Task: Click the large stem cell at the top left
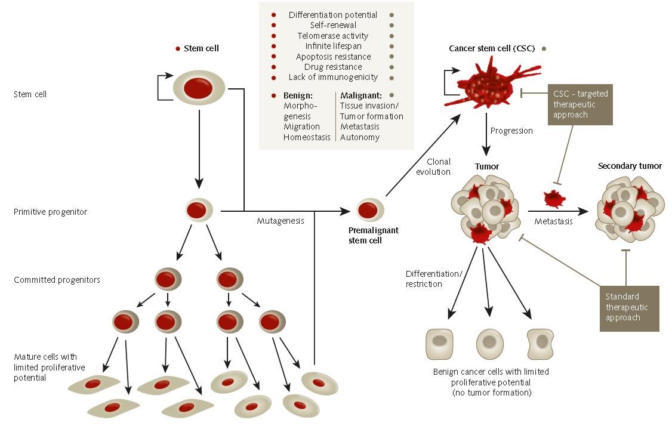pyautogui.click(x=199, y=88)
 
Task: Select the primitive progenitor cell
pyautogui.click(x=199, y=211)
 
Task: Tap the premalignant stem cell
pyautogui.click(x=370, y=211)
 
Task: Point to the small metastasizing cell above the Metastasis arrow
pyautogui.click(x=554, y=199)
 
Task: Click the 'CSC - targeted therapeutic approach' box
pyautogui.click(x=580, y=104)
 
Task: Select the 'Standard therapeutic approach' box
pyautogui.click(x=630, y=307)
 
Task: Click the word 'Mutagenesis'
pyautogui.click(x=280, y=221)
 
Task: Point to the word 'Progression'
pyautogui.click(x=511, y=131)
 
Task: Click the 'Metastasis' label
pyautogui.click(x=553, y=221)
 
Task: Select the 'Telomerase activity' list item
pyautogui.click(x=333, y=36)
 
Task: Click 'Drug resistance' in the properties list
pyautogui.click(x=333, y=67)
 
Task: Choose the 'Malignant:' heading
pyautogui.click(x=360, y=95)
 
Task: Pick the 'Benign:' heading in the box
pyautogui.click(x=298, y=95)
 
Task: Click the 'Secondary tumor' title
pyautogui.click(x=630, y=166)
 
